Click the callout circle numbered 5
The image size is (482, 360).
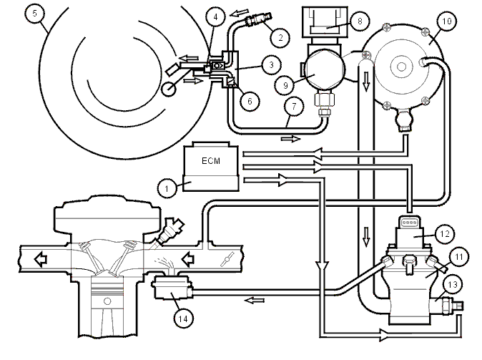35,14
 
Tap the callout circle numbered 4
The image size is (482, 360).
215,17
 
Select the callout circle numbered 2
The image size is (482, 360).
280,37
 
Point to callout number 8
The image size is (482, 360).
360,21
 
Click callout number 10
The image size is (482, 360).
446,21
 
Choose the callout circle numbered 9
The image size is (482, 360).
285,85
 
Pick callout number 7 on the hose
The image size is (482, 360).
294,107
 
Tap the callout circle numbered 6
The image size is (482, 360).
250,101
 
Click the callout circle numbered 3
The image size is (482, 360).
272,65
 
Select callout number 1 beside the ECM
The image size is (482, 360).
167,188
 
